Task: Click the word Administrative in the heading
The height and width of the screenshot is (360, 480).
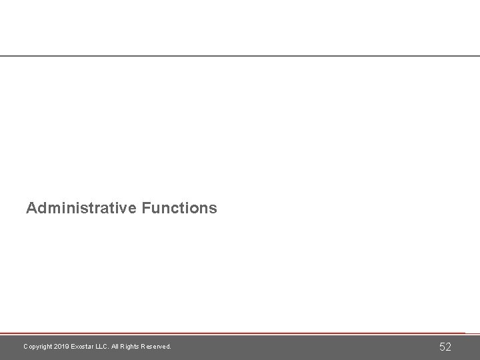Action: pyautogui.click(x=81, y=208)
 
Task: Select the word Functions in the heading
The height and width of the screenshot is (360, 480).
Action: pyautogui.click(x=179, y=208)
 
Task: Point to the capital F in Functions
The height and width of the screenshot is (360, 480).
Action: pyautogui.click(x=146, y=208)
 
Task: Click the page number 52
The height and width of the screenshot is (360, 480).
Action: pyautogui.click(x=445, y=347)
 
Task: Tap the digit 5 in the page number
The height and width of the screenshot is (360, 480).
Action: pyautogui.click(x=441, y=347)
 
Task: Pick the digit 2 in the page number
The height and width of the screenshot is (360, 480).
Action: pyautogui.click(x=449, y=347)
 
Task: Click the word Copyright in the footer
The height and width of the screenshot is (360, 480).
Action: pyautogui.click(x=37, y=347)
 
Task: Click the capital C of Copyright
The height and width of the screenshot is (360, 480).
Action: pyautogui.click(x=25, y=347)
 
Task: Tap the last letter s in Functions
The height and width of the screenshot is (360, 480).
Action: pyautogui.click(x=213, y=209)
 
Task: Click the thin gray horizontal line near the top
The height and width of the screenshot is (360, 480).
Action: pyautogui.click(x=240, y=56)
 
